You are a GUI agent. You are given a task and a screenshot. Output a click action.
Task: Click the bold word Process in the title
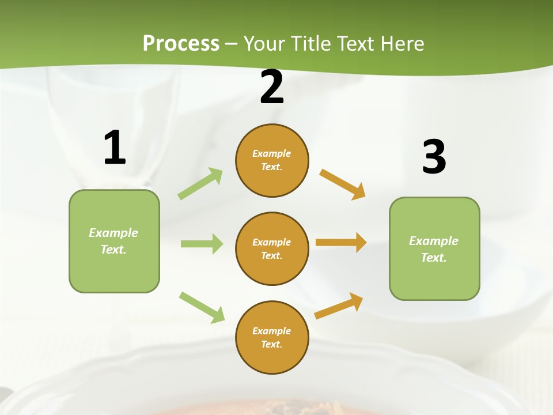click(181, 43)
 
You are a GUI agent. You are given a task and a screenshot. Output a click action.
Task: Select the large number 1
click(115, 148)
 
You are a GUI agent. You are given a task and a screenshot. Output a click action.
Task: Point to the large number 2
click(272, 87)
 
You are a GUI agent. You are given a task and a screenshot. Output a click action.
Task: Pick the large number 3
click(434, 157)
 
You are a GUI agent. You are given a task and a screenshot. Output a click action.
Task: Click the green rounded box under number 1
click(114, 241)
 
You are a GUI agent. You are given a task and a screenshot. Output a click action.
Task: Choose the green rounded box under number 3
click(434, 249)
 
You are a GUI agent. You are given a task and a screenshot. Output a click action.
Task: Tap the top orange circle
click(272, 160)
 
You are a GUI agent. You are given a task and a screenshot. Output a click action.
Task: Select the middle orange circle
click(272, 249)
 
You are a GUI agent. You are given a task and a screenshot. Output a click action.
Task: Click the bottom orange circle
click(272, 338)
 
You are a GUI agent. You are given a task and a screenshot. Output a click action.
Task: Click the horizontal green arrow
click(202, 244)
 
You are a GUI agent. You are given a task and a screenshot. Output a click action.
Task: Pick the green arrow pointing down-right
click(202, 307)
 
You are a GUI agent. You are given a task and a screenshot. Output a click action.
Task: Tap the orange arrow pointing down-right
click(343, 184)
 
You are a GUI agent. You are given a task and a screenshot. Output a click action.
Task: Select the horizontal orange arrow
click(341, 243)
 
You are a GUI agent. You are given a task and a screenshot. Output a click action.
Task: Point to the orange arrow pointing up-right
click(339, 306)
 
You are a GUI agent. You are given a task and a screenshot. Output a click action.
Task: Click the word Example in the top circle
click(272, 153)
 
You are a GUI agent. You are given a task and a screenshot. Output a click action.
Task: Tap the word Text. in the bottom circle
click(272, 344)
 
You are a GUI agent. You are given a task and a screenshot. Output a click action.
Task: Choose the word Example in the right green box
click(434, 241)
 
